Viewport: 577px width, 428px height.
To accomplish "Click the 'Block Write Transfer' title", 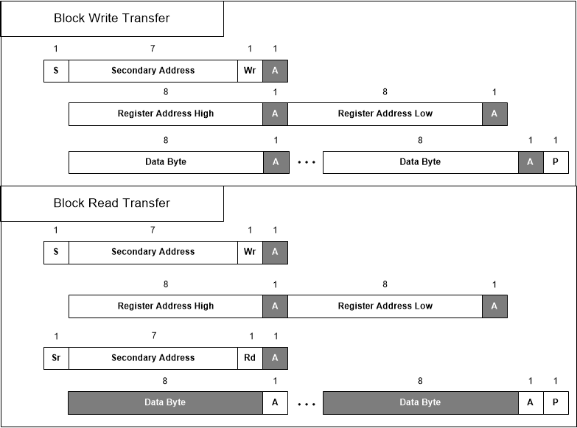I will click(x=111, y=18).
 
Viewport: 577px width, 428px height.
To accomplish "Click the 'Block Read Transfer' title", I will click(x=111, y=203).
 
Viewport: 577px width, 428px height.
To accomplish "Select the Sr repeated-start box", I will click(x=56, y=358).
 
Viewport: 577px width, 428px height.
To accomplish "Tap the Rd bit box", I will click(x=250, y=358).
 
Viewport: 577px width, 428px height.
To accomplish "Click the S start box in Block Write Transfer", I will click(x=56, y=71).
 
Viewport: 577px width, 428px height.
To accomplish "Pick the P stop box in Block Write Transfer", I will click(x=556, y=162).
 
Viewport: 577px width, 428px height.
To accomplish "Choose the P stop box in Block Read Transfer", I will click(x=556, y=402).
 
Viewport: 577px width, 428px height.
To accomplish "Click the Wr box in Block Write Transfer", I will click(x=250, y=71).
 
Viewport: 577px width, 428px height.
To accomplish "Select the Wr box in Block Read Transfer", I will click(x=250, y=252).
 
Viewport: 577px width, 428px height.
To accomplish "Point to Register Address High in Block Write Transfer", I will click(x=166, y=114).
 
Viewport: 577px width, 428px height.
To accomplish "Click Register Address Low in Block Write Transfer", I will click(x=385, y=114).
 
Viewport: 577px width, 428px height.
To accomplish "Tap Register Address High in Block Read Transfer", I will click(x=166, y=306).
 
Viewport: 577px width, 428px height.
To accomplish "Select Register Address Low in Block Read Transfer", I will click(x=385, y=306).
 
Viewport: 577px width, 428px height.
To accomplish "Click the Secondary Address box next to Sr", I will click(x=153, y=358).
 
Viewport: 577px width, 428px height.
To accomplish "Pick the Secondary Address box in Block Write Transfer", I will click(x=153, y=71).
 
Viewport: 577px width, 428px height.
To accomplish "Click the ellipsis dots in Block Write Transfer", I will click(x=305, y=163).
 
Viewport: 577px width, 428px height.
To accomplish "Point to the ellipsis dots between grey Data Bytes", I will click(x=305, y=404).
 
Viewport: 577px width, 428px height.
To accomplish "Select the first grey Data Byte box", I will click(x=165, y=402).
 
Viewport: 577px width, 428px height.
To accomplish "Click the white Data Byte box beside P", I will click(x=420, y=162).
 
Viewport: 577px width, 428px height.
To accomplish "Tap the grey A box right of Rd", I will click(x=276, y=358).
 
